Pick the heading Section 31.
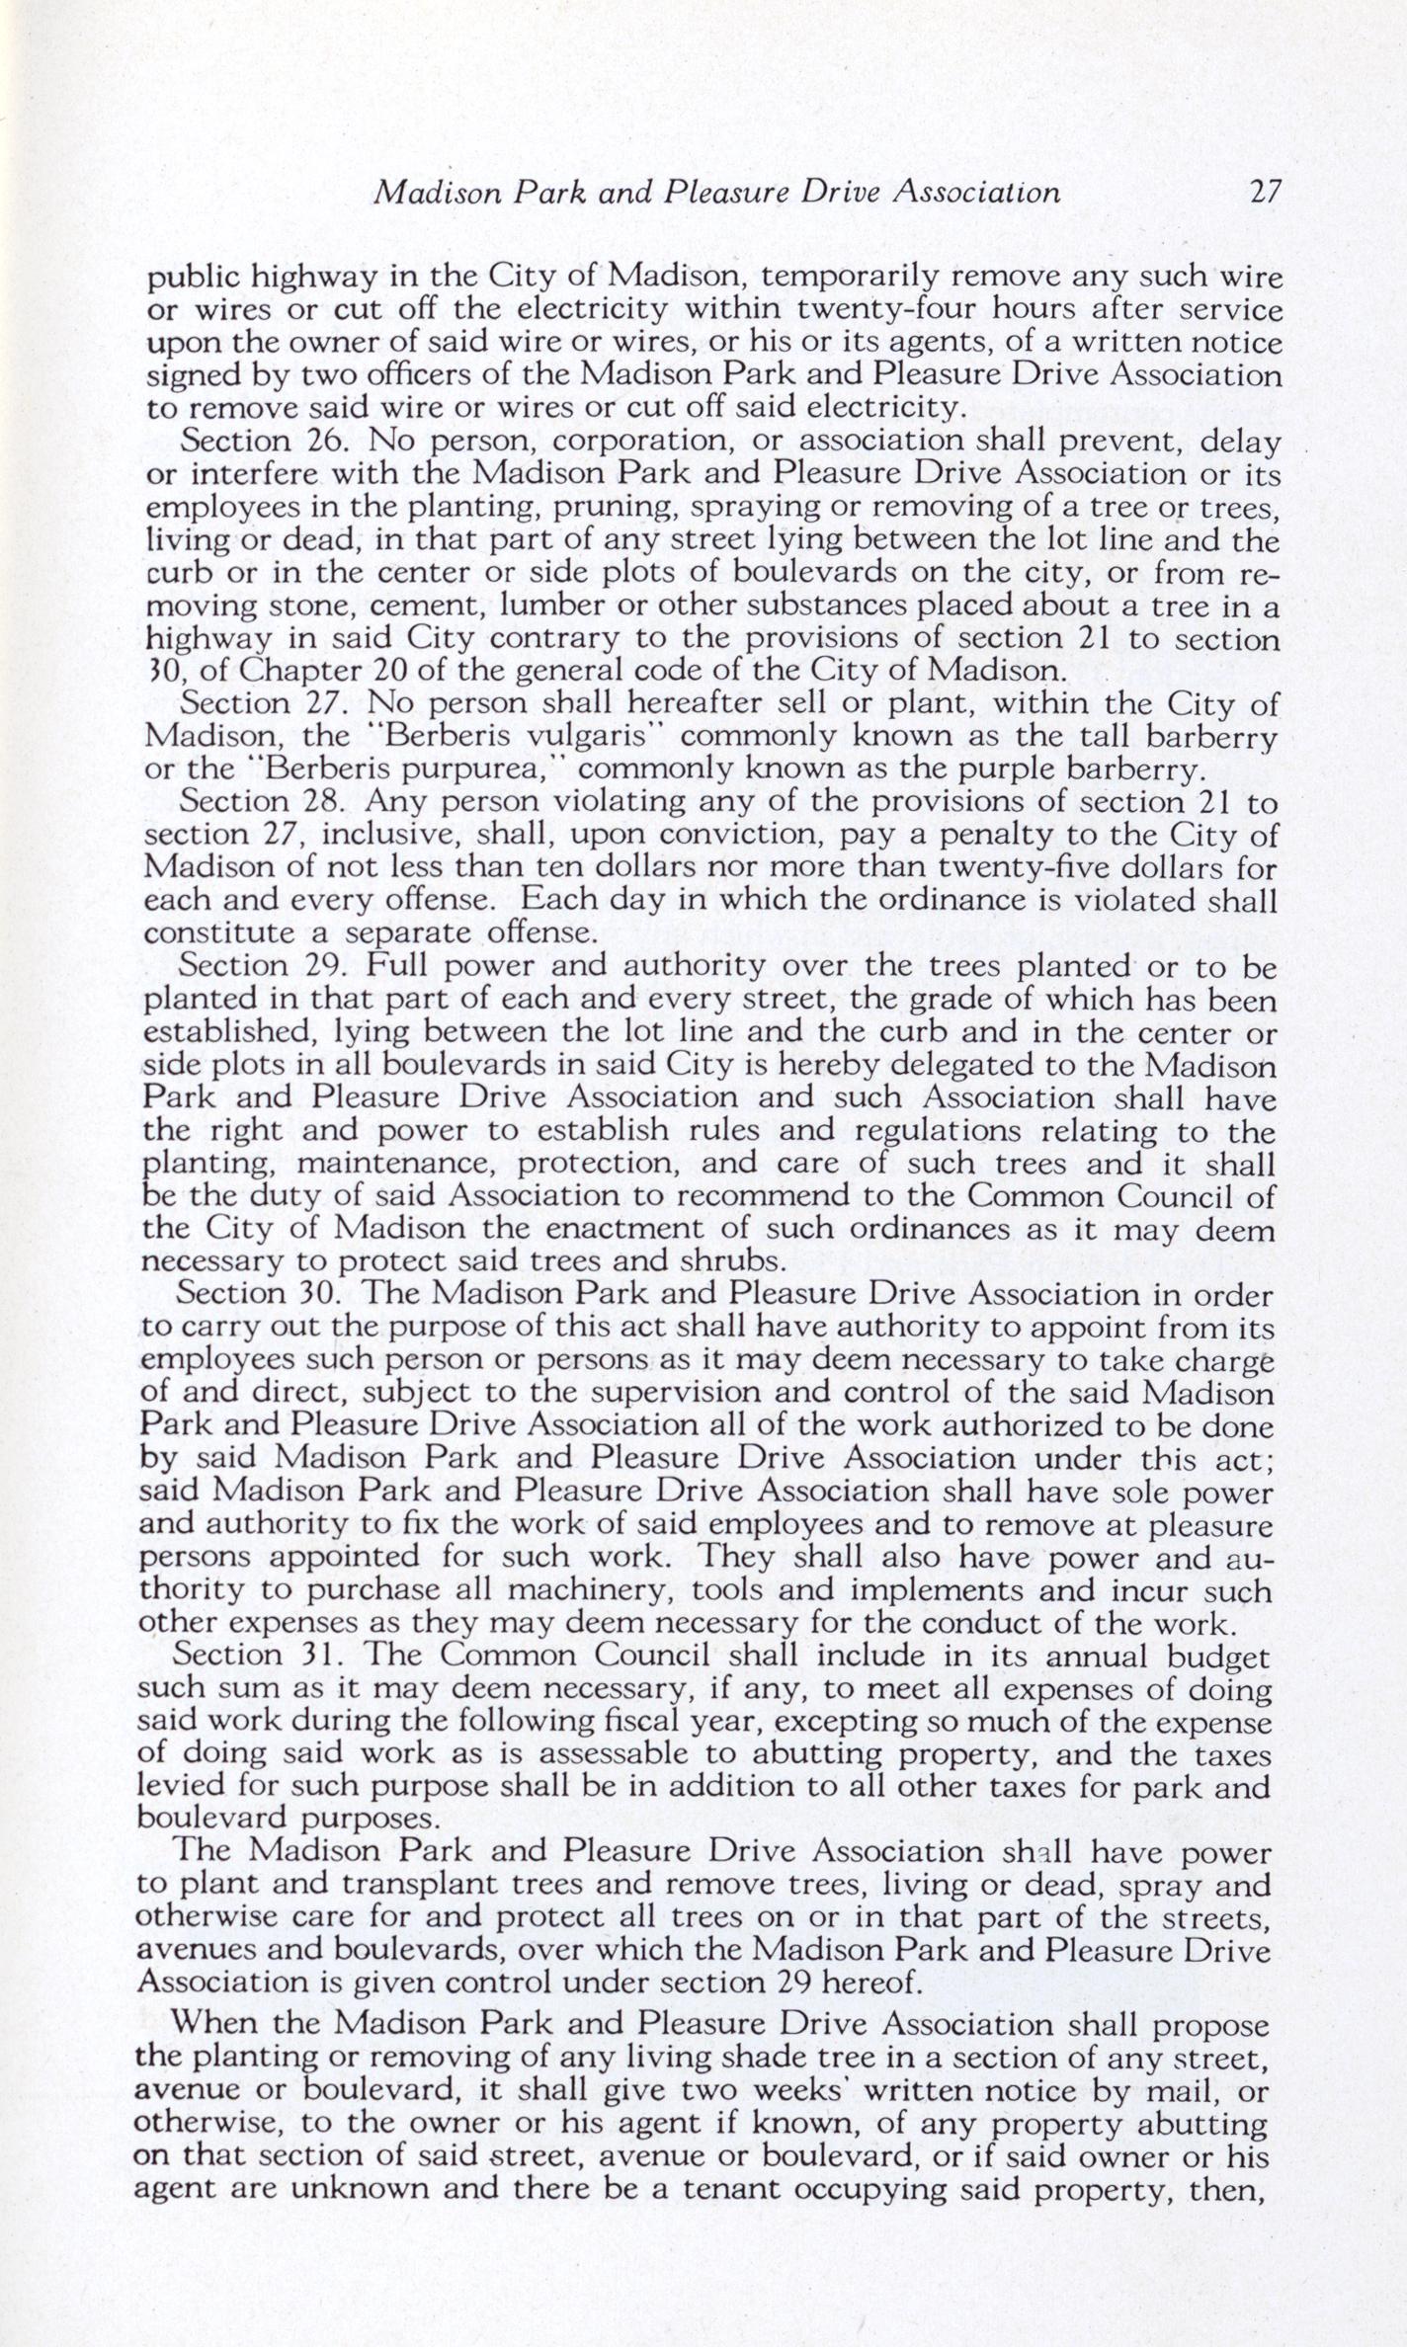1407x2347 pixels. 251,1656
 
